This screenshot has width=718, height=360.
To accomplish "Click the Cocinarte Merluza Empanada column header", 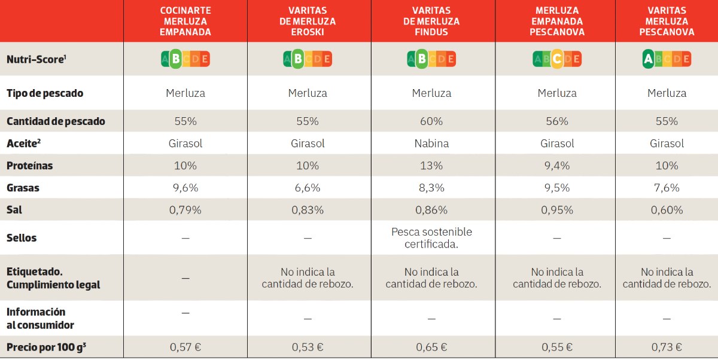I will (185, 22).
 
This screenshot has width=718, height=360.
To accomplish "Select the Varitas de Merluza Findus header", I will (431, 22).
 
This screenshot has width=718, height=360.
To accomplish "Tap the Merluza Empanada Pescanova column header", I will (556, 22).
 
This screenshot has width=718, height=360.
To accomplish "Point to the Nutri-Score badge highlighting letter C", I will (556, 59).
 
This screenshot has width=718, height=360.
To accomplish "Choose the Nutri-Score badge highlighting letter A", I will (667, 59).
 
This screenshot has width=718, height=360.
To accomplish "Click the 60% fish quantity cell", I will (431, 121).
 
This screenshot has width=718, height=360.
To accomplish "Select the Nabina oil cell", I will (431, 144).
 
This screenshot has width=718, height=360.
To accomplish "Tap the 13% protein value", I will (431, 166).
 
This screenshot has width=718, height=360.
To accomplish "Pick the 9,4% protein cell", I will (556, 166).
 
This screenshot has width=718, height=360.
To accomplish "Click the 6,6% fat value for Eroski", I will (308, 188).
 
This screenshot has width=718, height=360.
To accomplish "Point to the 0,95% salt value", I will (556, 210).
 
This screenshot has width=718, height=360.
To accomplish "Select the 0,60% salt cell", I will (667, 210).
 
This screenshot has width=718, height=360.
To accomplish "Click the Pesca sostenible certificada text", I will (431, 238).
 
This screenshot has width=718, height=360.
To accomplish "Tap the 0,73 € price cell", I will (667, 347).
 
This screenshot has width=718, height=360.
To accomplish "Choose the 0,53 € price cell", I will (308, 347).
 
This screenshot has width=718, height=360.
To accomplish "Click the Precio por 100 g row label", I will (46, 347).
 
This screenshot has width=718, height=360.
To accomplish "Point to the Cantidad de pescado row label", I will (56, 121).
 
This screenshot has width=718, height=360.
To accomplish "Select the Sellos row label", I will (22, 238).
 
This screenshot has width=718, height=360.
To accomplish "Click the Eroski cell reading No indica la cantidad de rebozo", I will (308, 278).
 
